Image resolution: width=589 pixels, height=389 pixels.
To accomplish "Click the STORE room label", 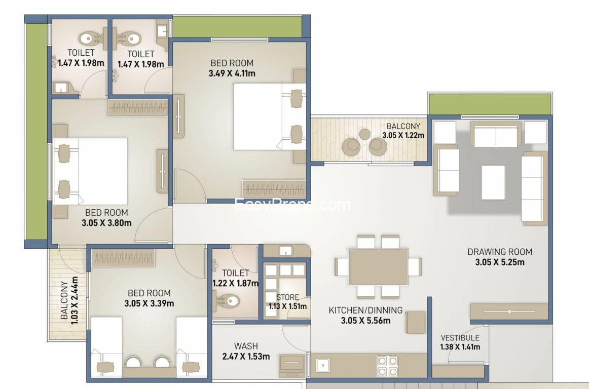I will click(x=287, y=297).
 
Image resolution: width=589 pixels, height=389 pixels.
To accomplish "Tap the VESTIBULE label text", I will click(x=460, y=338).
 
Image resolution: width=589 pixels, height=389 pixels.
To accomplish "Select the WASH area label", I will click(x=246, y=346).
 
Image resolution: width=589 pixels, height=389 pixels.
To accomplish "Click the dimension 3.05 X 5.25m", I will click(x=499, y=262).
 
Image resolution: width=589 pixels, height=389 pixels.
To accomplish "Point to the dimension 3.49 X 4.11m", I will click(x=232, y=73).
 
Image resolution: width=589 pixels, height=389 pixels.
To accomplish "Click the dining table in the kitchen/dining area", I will click(x=378, y=266).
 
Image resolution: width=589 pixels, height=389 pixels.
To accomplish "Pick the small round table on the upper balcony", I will click(x=365, y=134).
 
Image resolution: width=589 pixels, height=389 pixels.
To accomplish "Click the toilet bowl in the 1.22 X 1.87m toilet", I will click(x=227, y=301).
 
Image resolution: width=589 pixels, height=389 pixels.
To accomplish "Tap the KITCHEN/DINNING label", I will click(x=365, y=310).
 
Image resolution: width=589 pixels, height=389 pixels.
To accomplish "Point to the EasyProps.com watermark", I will click(x=292, y=205).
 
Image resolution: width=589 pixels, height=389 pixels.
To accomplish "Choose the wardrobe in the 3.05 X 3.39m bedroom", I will click(x=123, y=259).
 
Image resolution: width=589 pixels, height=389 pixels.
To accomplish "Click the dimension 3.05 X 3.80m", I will click(x=106, y=222).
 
